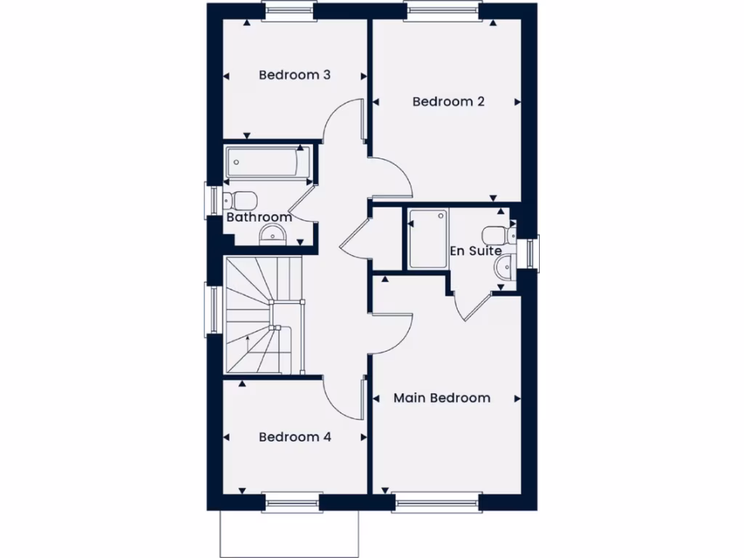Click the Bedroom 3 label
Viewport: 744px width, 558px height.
(295, 75)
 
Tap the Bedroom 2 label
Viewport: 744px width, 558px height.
(448, 102)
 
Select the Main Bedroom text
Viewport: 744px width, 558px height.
(442, 398)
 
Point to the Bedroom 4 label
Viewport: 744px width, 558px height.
(295, 437)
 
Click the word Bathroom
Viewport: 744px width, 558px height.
(259, 217)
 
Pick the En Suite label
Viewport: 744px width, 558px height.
(476, 251)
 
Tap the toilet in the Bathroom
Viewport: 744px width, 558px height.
(243, 199)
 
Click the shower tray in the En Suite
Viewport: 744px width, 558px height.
(426, 238)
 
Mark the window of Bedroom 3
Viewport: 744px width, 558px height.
(288, 9)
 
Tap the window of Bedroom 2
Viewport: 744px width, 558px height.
(443, 9)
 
